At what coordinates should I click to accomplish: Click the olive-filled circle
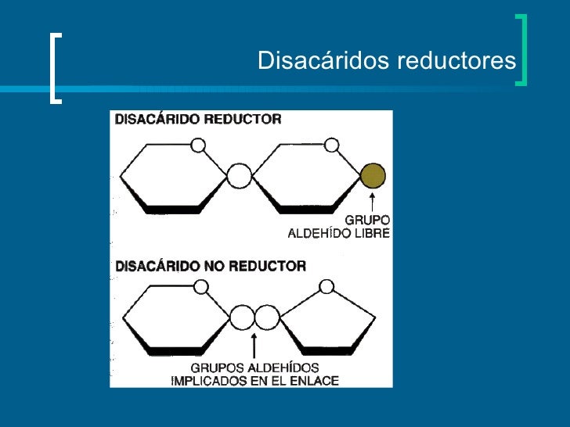[x=373, y=174]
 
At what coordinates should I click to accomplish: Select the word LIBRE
[x=371, y=233]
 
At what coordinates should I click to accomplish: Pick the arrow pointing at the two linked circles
[x=254, y=346]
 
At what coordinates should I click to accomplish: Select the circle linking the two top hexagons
[x=240, y=175]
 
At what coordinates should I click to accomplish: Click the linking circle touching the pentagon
[x=267, y=318]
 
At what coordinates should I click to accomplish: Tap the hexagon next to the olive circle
[x=307, y=176]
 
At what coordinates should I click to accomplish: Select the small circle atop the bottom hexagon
[x=200, y=287]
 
